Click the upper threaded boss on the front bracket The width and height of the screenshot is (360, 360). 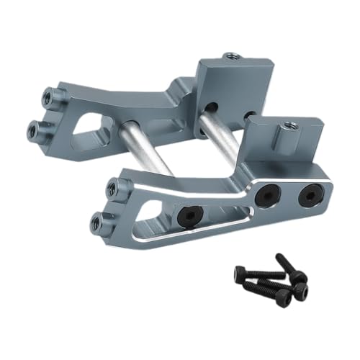point(112,189)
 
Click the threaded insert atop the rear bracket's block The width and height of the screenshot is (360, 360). point(231,56)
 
